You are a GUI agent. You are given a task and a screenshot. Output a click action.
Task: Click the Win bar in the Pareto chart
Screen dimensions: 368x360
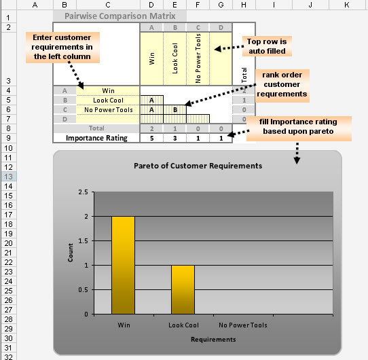[x=123, y=265]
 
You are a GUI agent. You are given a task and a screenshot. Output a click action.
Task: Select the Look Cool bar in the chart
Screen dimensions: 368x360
[x=183, y=289]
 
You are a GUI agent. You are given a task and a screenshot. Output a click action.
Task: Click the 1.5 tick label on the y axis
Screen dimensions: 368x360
[x=84, y=241]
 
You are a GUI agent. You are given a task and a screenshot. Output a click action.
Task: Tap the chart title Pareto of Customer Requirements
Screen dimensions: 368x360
[x=198, y=166]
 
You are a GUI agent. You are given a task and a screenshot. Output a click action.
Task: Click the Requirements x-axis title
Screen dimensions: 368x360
[x=213, y=340]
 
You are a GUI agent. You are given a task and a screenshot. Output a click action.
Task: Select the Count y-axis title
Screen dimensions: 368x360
[x=71, y=253]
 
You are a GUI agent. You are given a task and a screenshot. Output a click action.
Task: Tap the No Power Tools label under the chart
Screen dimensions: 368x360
[x=243, y=325]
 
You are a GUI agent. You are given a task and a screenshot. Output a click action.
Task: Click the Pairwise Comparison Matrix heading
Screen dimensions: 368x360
[x=120, y=16]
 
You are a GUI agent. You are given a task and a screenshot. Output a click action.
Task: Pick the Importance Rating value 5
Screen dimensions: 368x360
[x=151, y=139]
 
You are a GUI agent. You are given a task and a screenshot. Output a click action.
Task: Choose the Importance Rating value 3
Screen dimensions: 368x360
[x=175, y=139]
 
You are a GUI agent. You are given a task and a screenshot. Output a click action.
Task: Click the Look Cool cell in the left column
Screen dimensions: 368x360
[x=108, y=101]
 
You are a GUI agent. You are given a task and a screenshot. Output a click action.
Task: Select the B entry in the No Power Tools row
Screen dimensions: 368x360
[x=175, y=109]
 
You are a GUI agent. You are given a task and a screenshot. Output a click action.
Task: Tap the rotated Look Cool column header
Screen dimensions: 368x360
[x=175, y=58]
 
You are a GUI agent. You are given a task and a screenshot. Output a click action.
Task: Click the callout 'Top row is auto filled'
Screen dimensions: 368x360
[x=267, y=46]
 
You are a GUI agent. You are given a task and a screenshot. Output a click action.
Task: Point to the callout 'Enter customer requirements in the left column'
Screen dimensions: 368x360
[x=62, y=47]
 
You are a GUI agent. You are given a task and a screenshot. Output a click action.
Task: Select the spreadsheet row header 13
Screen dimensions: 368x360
[x=8, y=177]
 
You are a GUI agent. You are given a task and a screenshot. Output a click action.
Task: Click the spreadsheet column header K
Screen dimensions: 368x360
[x=347, y=5]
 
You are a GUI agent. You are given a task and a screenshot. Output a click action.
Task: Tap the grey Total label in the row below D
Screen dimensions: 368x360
[x=96, y=128]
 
